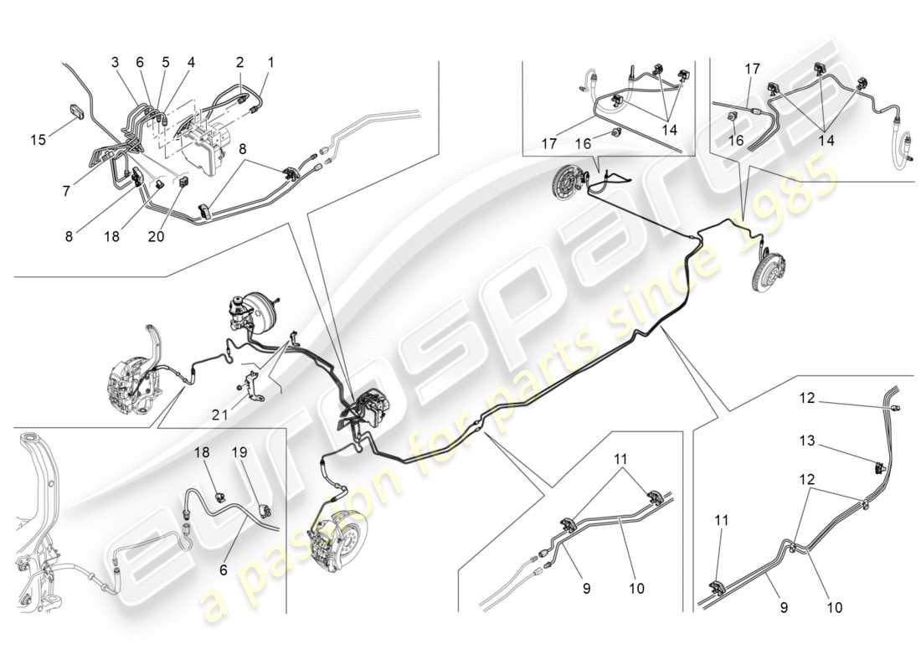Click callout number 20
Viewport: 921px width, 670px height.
coord(157,237)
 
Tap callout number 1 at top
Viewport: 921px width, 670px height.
coord(270,62)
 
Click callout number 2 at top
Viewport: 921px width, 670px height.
coord(239,62)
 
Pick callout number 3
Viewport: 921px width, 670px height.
coord(115,62)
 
